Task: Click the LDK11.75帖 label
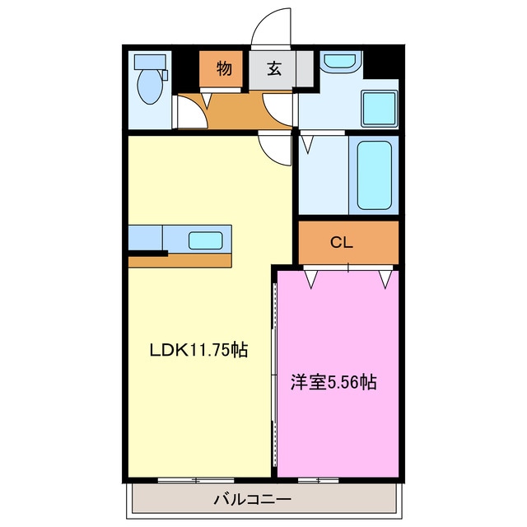click(198, 350)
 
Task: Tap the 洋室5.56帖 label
click(333, 382)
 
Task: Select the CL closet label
click(342, 242)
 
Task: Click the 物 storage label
click(223, 69)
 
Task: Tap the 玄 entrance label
click(273, 69)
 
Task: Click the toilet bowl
click(149, 86)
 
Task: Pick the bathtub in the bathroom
click(375, 174)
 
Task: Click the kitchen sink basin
click(205, 240)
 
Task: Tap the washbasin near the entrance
click(338, 61)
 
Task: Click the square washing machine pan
click(380, 107)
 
